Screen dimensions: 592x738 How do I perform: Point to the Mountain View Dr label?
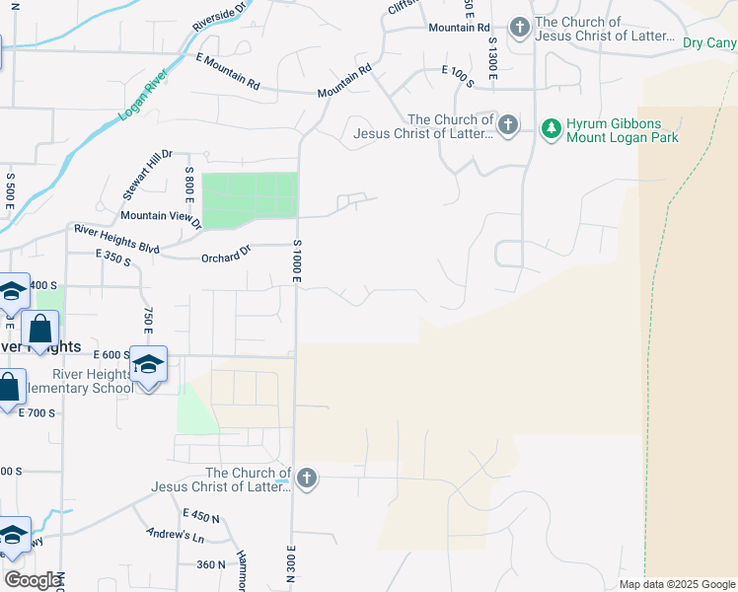tap(160, 216)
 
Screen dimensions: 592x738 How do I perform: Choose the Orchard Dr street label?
tap(226, 256)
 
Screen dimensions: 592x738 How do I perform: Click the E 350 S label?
tap(113, 256)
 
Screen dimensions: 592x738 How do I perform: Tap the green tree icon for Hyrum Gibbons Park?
tap(551, 127)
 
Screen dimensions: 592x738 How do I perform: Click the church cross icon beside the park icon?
tap(507, 124)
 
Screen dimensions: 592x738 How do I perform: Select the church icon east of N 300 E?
tap(307, 480)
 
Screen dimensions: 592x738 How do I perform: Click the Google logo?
tap(32, 579)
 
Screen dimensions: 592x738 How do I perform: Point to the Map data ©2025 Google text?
tap(677, 584)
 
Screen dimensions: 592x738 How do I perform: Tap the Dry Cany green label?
tap(709, 43)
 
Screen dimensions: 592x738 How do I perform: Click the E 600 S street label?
tap(112, 354)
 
